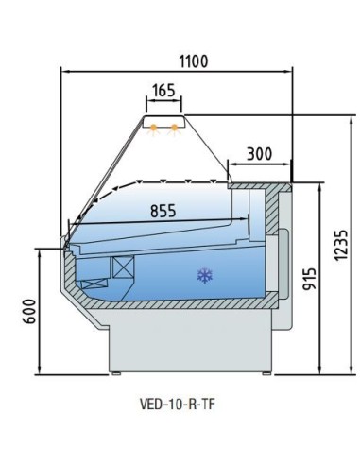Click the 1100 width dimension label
point(194,61)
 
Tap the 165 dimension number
point(163,91)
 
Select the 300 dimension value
point(259,154)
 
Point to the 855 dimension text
point(163,211)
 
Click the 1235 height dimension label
point(341,246)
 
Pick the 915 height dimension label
point(309,279)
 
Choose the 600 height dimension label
point(29,311)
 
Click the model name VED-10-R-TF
point(178,405)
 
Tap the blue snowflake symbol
point(205,276)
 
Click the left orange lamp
point(153,129)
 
